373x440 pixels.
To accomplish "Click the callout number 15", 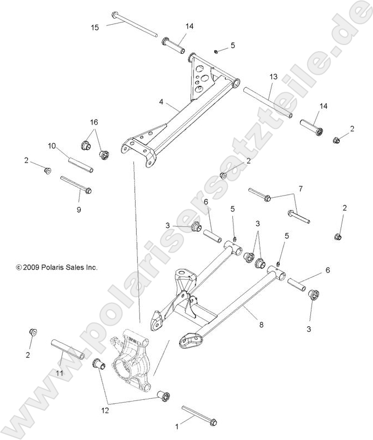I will pyautogui.click(x=95, y=27).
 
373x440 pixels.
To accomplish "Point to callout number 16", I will pyautogui.click(x=94, y=121).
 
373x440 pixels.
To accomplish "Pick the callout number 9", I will pyautogui.click(x=79, y=209).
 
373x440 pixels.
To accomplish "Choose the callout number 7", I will pyautogui.click(x=300, y=190).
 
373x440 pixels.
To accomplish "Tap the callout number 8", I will pyautogui.click(x=261, y=325).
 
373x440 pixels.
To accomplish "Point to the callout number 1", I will pyautogui.click(x=176, y=426).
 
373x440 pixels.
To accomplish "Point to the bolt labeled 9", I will pyautogui.click(x=76, y=185).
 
